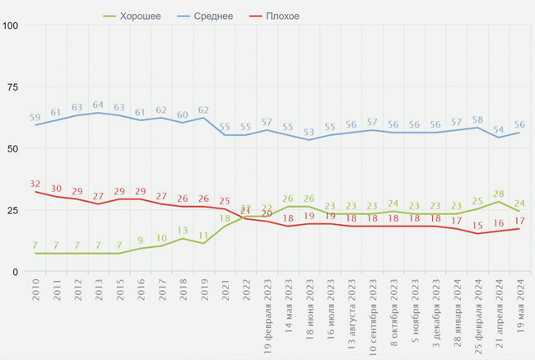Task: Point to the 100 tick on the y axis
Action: coord(11,25)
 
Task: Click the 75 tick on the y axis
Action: coord(13,86)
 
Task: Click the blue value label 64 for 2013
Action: coord(99,105)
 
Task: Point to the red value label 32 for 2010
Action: coord(35,184)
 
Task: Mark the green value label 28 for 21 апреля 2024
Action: coord(498,193)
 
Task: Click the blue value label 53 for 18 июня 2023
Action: coord(309,132)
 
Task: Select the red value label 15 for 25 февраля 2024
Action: coord(477,225)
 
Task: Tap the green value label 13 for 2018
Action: coord(183,231)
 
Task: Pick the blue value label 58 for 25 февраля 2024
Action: coord(477,119)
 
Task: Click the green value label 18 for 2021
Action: coord(225,218)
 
